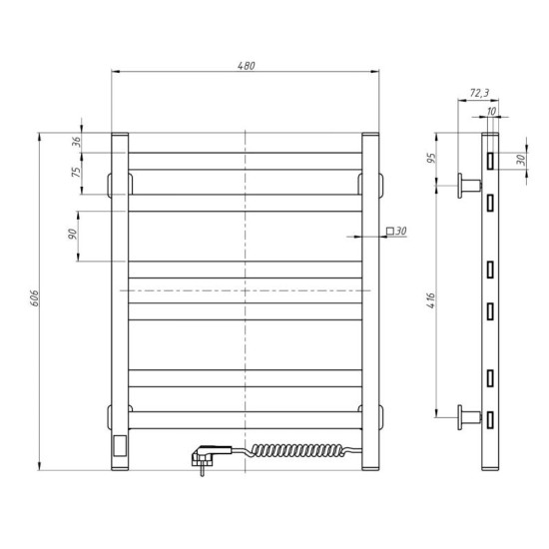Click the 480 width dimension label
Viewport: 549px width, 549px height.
click(x=246, y=65)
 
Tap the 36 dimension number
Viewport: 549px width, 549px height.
click(x=76, y=142)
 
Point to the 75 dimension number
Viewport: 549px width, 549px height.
click(x=76, y=173)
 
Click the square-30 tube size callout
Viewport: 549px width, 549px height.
click(x=396, y=232)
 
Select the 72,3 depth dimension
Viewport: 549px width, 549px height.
click(x=478, y=93)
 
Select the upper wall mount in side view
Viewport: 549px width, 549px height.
click(x=468, y=184)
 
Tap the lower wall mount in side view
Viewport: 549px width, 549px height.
click(x=468, y=415)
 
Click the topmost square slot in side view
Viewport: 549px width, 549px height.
click(x=491, y=159)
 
